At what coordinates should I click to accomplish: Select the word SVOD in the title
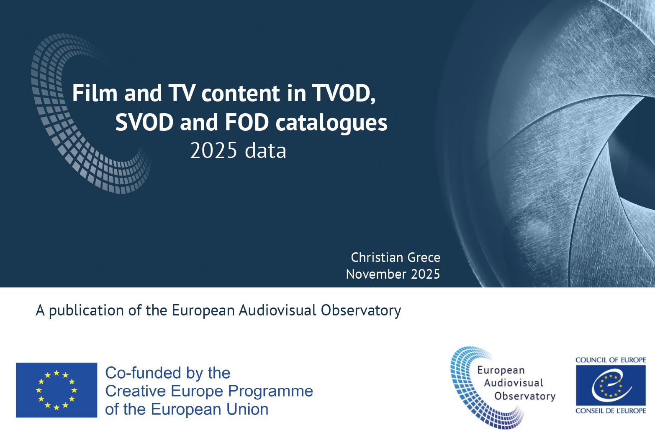coord(144,122)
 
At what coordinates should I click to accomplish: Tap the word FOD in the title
coord(247,122)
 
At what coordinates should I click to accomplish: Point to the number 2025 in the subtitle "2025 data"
coord(213,151)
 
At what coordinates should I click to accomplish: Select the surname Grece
coord(424,257)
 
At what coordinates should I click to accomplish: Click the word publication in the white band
coord(86,311)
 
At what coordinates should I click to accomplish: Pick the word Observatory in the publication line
coord(361,311)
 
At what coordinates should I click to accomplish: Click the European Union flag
coord(57,390)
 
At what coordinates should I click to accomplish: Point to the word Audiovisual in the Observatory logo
coord(514,383)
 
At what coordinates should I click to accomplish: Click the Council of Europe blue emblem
coord(611,386)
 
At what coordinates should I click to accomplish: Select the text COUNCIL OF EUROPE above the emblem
coord(611,360)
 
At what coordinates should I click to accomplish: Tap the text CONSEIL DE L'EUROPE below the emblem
coord(611,411)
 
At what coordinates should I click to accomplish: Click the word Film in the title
coord(95,93)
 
